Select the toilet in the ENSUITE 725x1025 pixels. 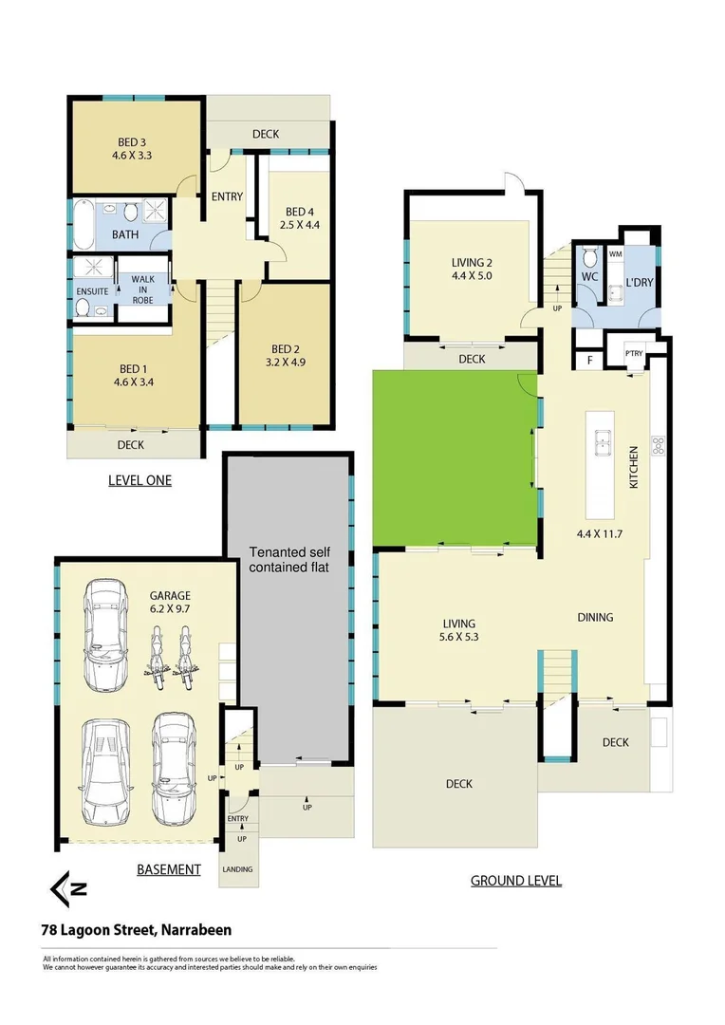coord(83,307)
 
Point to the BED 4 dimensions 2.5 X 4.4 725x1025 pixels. coord(299,226)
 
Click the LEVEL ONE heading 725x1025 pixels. coord(139,480)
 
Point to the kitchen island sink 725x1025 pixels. coord(602,438)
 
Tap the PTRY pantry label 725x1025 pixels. coord(634,354)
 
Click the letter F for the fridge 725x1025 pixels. coord(590,361)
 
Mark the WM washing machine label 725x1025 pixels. coord(615,254)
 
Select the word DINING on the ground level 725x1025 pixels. coord(595,617)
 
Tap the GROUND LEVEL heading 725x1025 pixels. coord(516,881)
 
